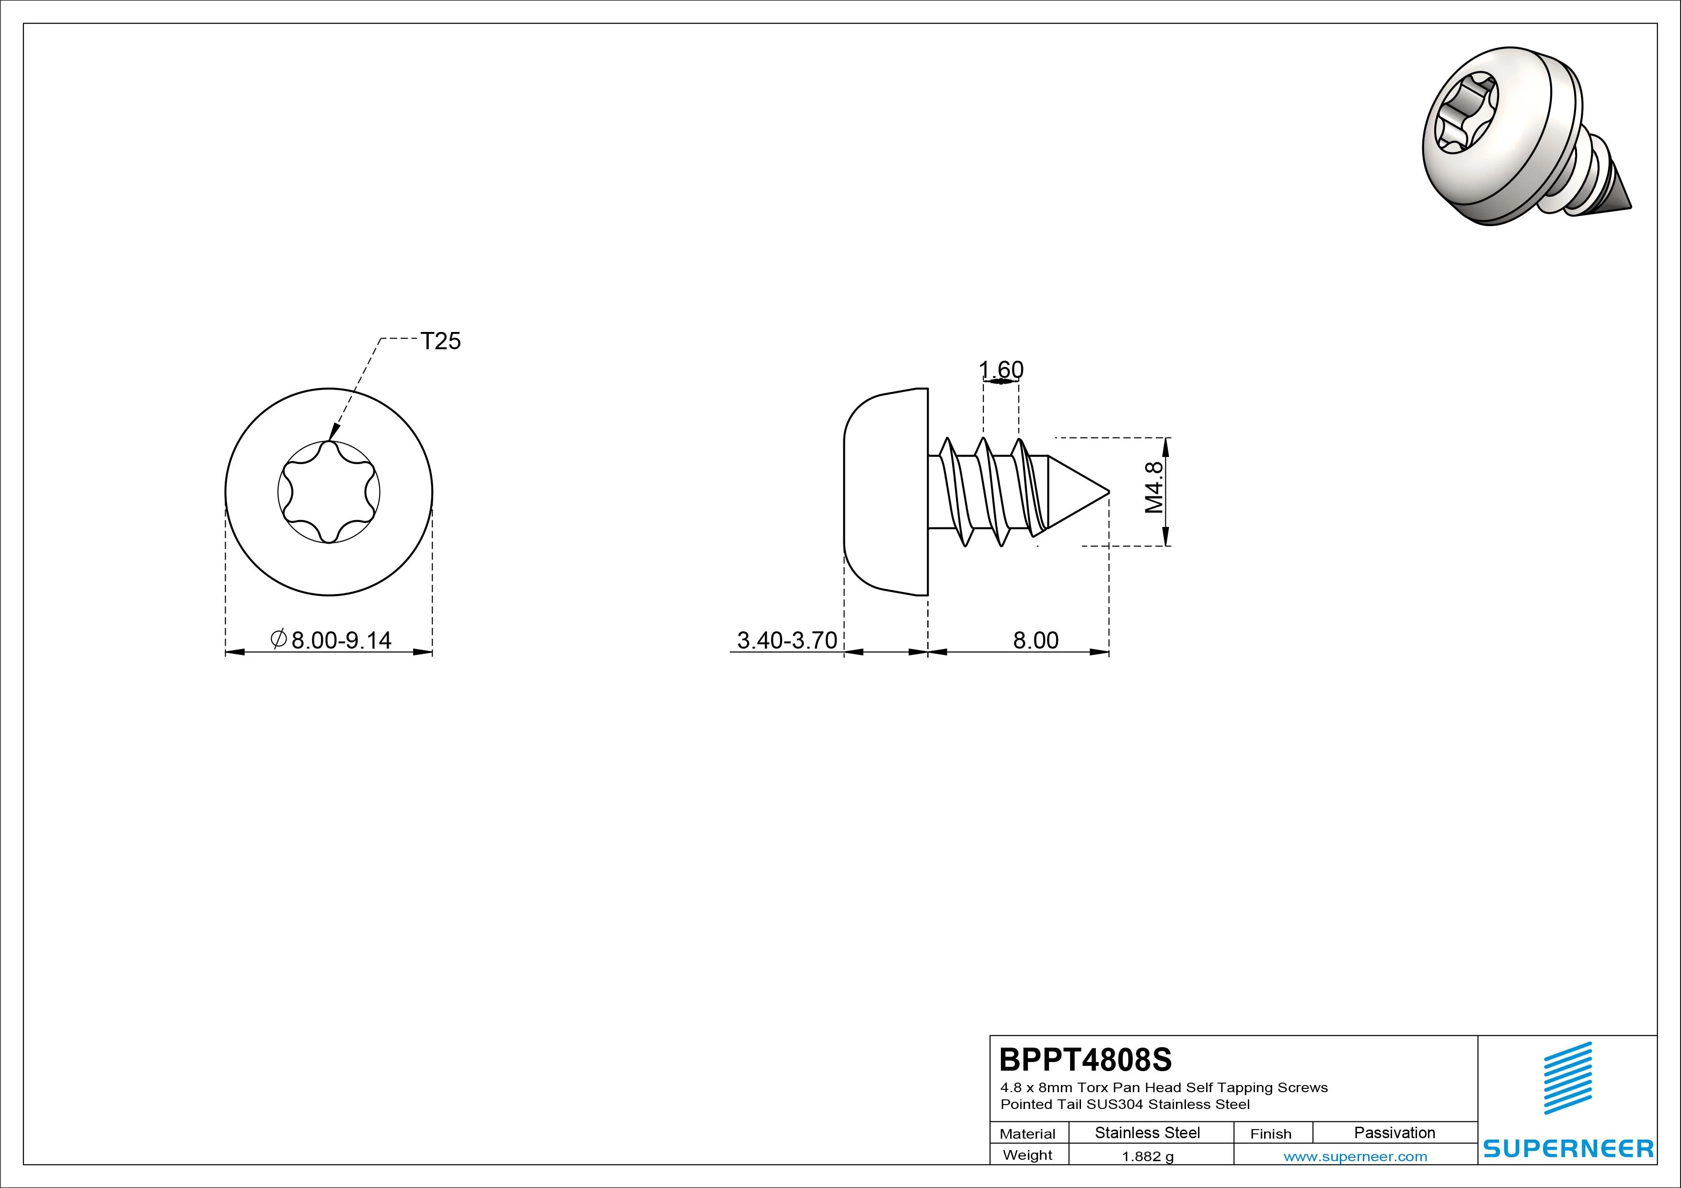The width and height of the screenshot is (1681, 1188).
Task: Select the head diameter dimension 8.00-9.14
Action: tap(332, 640)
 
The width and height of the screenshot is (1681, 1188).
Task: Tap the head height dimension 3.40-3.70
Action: tap(787, 640)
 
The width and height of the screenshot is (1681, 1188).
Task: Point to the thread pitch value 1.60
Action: tap(1001, 370)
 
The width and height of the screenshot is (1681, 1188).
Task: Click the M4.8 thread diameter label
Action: tap(1154, 488)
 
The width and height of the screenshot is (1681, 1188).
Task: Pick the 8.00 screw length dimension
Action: tap(1035, 640)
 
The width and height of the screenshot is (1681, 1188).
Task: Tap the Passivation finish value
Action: tap(1394, 1132)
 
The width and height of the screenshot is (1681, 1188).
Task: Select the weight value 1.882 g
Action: tap(1147, 1156)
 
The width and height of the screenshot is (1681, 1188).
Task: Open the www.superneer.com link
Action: tap(1355, 1156)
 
